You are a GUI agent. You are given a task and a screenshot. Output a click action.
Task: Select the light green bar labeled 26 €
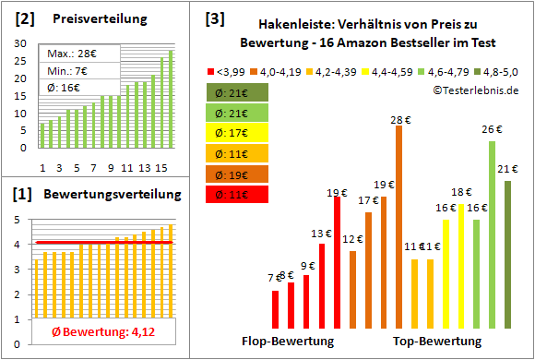point(492,235)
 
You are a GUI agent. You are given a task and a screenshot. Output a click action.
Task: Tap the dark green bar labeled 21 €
point(507,255)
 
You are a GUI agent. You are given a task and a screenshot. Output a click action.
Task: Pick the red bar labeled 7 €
point(275,309)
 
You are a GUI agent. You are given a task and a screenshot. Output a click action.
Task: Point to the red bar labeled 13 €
point(321,286)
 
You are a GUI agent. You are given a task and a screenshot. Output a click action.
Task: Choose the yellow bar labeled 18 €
point(461,267)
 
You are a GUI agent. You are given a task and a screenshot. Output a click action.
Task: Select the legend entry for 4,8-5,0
point(502,70)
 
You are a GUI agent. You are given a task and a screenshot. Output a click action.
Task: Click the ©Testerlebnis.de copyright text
point(470,90)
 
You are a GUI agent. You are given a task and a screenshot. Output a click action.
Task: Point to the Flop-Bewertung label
point(288,341)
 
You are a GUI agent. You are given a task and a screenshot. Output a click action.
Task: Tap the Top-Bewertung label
point(437,341)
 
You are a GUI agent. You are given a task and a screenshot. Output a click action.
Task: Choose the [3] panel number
point(215,18)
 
